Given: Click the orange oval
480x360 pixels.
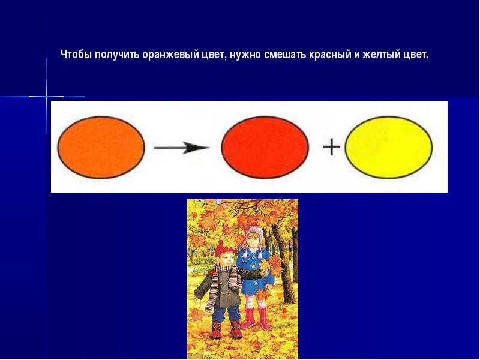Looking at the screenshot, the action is [101, 147].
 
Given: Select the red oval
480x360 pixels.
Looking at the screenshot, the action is [265, 147].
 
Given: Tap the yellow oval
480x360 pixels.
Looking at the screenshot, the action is [389, 147].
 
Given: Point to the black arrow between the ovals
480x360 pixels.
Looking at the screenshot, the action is [182, 148].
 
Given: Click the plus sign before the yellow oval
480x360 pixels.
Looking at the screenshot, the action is [332, 147].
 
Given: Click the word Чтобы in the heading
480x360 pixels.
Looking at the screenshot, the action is [77, 55].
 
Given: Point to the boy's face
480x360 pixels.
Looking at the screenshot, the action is [227, 260].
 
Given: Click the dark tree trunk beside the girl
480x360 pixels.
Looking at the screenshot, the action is [283, 263].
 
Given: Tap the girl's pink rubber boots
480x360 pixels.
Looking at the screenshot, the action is [256, 319].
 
